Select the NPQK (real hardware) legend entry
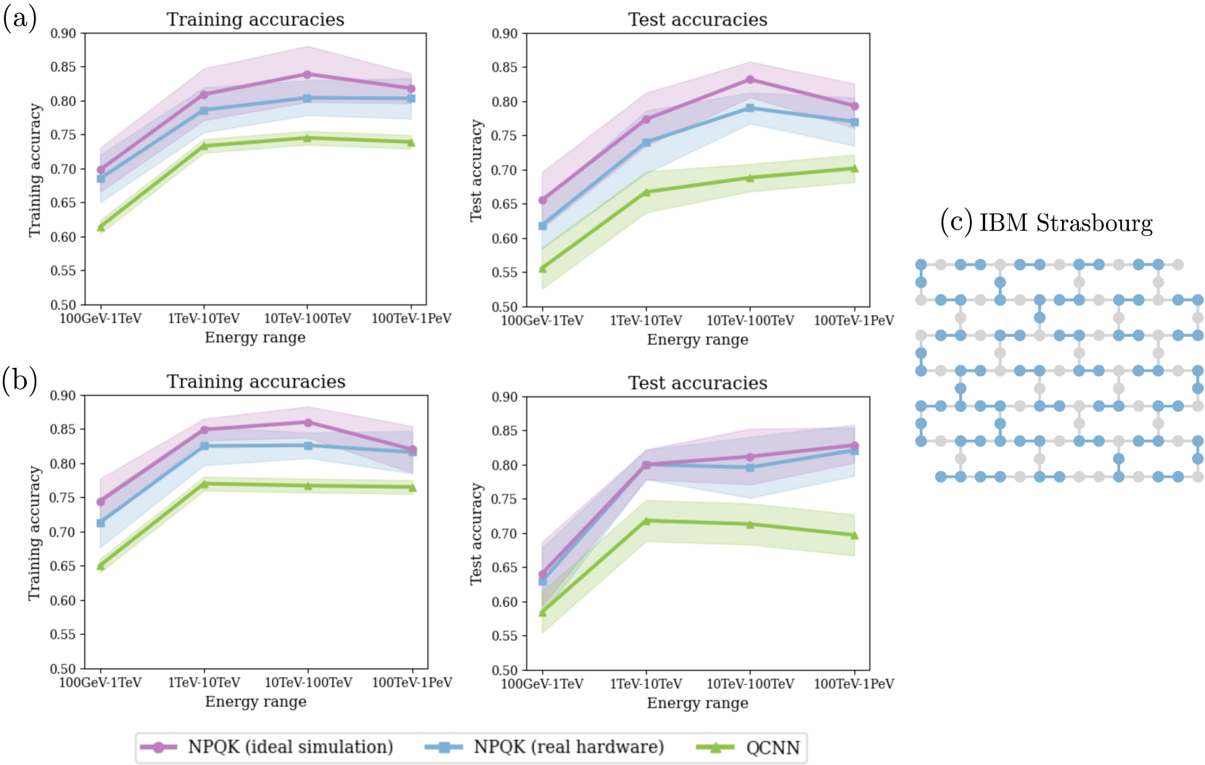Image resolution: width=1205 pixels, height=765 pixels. pos(568,747)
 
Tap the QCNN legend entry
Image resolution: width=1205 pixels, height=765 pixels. pos(773,748)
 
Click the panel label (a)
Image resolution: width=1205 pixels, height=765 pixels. pos(20,18)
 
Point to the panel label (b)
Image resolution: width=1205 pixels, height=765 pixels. pos(20,380)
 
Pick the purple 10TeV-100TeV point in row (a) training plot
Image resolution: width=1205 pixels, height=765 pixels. pos(307,74)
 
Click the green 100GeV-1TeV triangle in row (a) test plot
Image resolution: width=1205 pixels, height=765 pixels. pos(543,269)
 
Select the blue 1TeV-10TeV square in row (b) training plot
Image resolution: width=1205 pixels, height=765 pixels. pos(204,446)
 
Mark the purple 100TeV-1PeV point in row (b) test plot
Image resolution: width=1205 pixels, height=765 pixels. pos(854,446)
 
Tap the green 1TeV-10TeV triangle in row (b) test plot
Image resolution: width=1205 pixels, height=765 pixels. pos(646,521)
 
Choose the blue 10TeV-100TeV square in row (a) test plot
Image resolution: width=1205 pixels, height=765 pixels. pos(750,108)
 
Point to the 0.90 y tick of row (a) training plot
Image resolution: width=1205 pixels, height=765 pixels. pos(63,33)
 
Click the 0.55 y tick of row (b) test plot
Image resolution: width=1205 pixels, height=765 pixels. pos(505,636)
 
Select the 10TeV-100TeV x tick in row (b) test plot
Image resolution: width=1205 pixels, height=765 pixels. pos(750,684)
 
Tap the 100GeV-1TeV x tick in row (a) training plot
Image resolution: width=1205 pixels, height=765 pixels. pos(100,319)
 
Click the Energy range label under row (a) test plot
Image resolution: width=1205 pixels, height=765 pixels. pos(697,340)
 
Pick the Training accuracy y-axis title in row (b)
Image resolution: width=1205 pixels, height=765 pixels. pos(34,533)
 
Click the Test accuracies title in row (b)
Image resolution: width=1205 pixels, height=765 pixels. pos(697,382)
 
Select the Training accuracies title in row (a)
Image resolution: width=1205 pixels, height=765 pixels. pos(255,20)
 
